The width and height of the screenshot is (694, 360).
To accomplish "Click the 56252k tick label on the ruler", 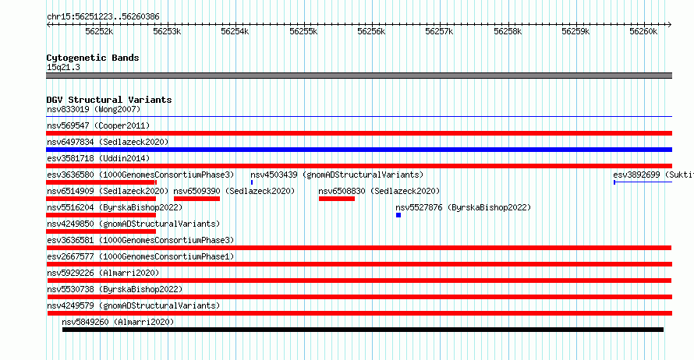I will [99, 31].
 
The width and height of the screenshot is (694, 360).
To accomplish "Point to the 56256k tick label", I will [371, 31].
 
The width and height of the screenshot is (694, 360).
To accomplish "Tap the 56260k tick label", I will [644, 31].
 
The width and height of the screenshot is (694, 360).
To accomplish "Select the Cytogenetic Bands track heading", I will [93, 58].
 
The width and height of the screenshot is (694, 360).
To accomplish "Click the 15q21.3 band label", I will [63, 67].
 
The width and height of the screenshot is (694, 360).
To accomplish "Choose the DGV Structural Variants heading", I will [109, 100].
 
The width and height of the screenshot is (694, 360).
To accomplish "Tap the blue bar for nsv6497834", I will [359, 150].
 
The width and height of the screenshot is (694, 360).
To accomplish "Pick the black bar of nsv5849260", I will [363, 330].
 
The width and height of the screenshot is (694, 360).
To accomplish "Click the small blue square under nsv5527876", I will [398, 215].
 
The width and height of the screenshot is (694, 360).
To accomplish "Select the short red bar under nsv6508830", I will [337, 199].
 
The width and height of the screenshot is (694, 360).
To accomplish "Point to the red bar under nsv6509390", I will [197, 199].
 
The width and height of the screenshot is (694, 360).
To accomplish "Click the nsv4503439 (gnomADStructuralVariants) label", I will [337, 175].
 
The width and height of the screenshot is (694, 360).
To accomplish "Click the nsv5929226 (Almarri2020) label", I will [103, 273].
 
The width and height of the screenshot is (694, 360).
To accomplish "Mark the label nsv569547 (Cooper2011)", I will [98, 125].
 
